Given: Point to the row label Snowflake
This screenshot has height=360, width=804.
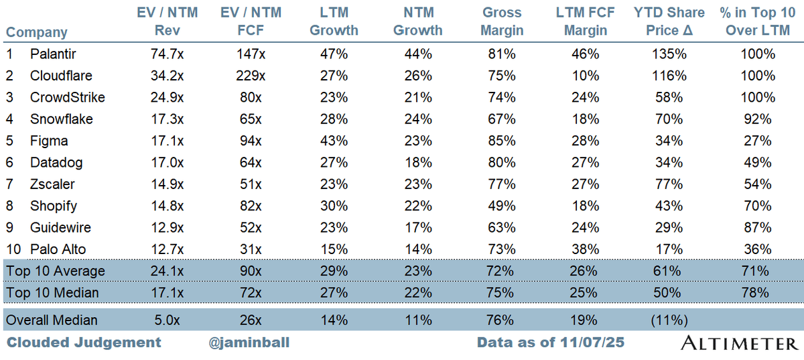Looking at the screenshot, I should click(62, 119).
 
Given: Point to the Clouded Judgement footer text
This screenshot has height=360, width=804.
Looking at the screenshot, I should click(84, 343).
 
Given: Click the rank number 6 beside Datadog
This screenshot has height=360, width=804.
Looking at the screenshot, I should click(9, 163).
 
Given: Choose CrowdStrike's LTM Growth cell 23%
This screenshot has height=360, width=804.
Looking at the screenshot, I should click(334, 98).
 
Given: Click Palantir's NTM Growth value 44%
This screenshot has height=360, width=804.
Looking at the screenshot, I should click(417, 55).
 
